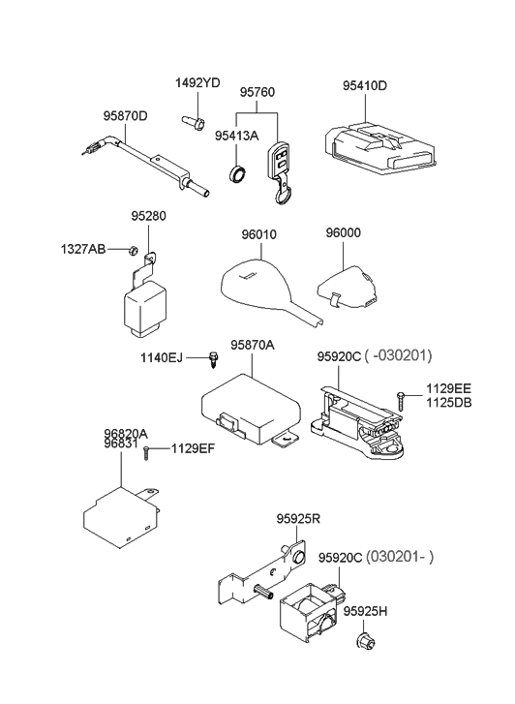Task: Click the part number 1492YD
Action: (x=198, y=83)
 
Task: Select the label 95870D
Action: (x=126, y=116)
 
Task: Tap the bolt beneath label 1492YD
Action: (x=192, y=123)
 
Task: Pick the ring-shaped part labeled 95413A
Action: (x=237, y=174)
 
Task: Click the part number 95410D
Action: (x=364, y=85)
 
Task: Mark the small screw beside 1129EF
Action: (x=146, y=451)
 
